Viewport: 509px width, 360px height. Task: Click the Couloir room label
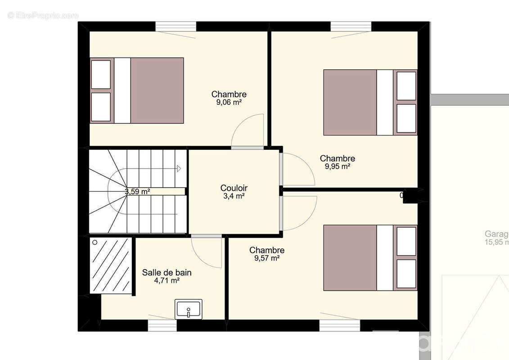(234, 188)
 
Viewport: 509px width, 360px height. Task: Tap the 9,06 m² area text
(229, 102)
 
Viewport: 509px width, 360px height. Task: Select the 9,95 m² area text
(337, 166)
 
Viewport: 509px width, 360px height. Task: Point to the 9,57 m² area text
(266, 258)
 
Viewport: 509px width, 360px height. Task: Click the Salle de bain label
(167, 272)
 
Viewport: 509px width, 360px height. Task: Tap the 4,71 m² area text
(167, 280)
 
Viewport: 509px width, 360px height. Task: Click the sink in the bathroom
(189, 309)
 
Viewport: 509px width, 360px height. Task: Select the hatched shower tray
(111, 265)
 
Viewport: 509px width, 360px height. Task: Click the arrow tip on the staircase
(179, 168)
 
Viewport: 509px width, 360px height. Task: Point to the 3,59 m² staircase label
(137, 191)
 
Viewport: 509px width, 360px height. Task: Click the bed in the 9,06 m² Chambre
(137, 90)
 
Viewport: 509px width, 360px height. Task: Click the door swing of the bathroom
(207, 252)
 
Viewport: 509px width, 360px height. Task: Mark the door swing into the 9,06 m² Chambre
(248, 131)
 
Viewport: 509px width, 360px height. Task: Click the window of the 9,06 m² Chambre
(176, 27)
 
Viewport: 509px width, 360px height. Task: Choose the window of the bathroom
(162, 325)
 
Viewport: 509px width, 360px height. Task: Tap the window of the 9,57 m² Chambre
(340, 325)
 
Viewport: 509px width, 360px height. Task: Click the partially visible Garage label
(496, 234)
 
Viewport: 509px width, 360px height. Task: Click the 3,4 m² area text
(234, 196)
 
